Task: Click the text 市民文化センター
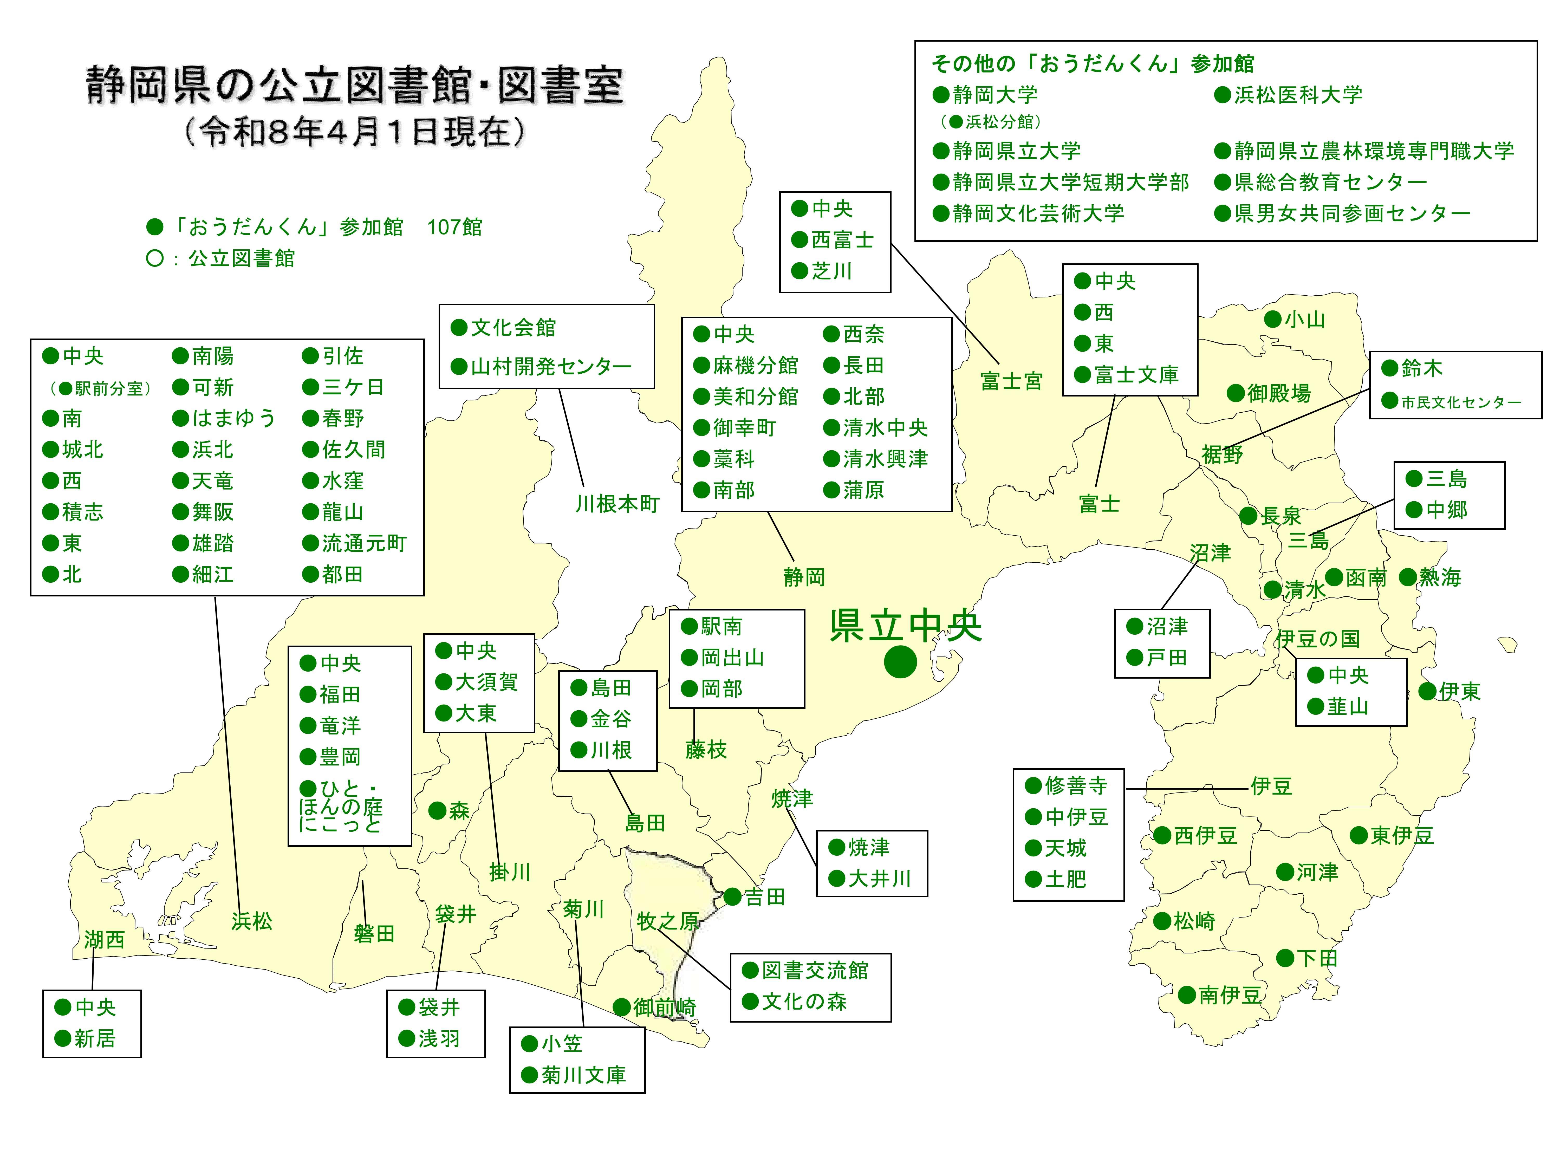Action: click(1461, 403)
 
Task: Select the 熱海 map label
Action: click(1440, 578)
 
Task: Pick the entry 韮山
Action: click(1348, 707)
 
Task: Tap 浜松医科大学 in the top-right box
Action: click(1298, 94)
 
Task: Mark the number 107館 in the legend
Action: click(455, 227)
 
